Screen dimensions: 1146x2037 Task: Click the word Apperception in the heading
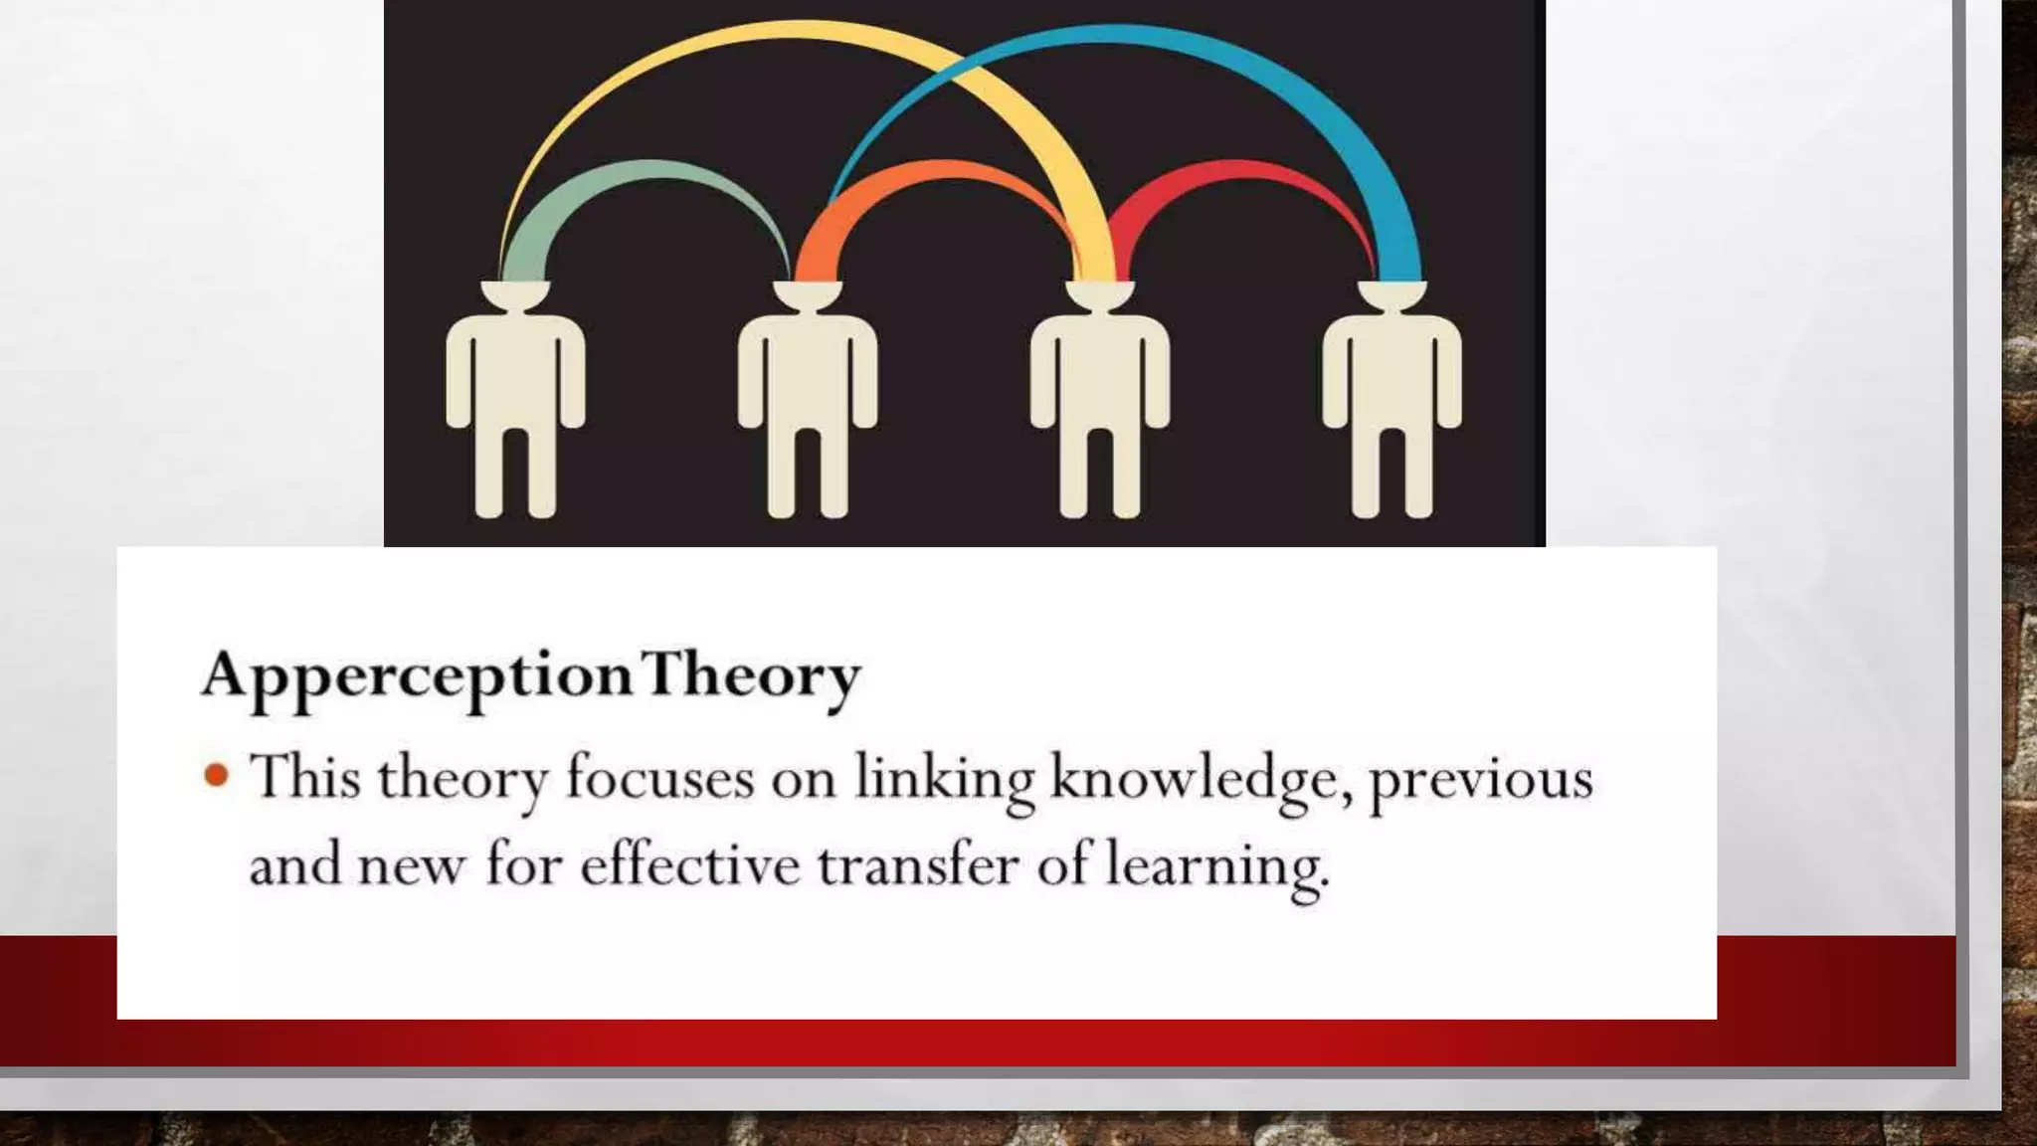click(x=416, y=676)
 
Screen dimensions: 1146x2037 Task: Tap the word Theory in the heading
click(x=750, y=676)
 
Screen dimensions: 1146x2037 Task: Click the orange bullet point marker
click(x=216, y=775)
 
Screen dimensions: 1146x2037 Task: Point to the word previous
click(x=1481, y=779)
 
